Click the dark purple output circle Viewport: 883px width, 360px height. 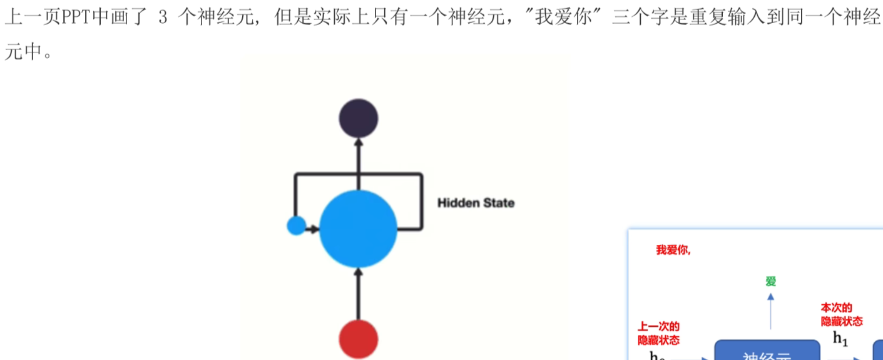(x=358, y=118)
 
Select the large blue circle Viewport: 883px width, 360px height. (x=358, y=229)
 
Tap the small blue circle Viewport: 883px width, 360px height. (x=296, y=225)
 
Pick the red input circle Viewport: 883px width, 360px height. (x=358, y=339)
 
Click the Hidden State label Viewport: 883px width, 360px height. (x=476, y=203)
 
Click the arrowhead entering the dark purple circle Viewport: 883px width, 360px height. (x=359, y=142)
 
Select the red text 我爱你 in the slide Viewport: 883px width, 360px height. (x=673, y=250)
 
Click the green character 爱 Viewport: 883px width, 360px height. (x=771, y=282)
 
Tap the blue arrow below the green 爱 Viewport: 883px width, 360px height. (x=771, y=312)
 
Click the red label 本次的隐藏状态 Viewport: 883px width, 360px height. (x=842, y=315)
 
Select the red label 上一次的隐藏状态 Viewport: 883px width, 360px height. (x=658, y=333)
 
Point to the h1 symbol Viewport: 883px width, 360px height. (x=840, y=339)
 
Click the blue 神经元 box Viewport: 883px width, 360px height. (x=767, y=352)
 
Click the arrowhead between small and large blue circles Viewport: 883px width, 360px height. (x=315, y=229)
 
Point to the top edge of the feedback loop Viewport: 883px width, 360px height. (x=358, y=174)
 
